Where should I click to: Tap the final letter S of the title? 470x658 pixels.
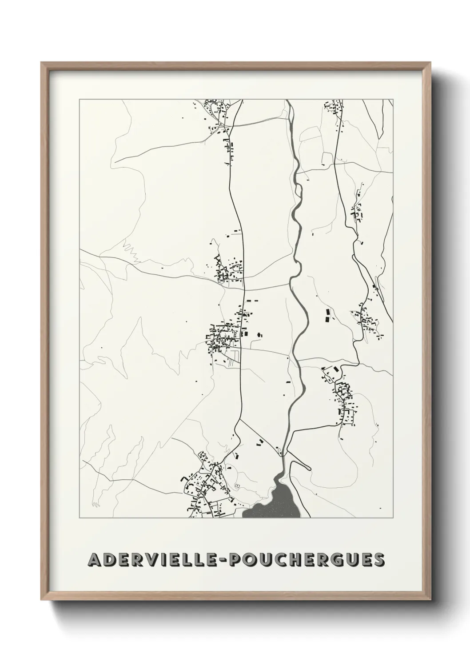[379, 560]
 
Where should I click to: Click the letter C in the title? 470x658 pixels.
[278, 560]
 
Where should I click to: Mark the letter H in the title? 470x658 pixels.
[293, 560]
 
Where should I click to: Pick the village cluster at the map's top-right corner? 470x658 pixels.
[334, 108]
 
